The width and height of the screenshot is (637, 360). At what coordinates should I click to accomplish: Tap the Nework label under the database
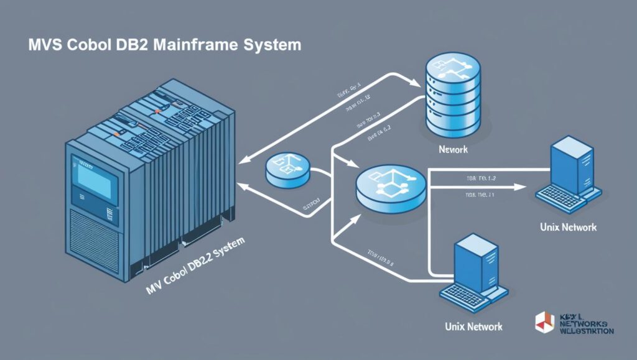pos(452,150)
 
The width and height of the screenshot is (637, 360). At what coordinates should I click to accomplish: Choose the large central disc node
pos(391,187)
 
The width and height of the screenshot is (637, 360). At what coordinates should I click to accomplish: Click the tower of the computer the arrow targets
pos(569,165)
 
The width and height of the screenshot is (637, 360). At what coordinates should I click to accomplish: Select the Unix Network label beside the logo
pos(474,326)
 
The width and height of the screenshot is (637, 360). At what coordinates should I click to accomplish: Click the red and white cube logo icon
pos(544,320)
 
